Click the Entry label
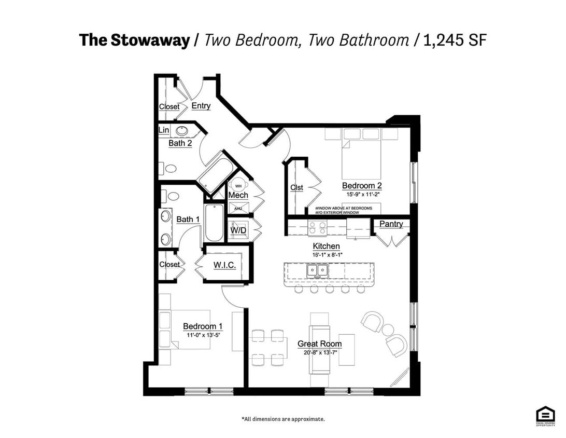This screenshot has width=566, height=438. pos(201,106)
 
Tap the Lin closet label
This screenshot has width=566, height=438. pos(164,130)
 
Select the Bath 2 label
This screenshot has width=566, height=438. pos(180,143)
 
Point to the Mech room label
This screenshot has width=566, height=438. pos(238,195)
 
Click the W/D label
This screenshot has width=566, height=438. pos(238,229)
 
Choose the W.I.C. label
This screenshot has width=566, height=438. pos(225,265)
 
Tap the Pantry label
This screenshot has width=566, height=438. pos(391,224)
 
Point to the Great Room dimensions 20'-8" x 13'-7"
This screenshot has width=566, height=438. pos(319,353)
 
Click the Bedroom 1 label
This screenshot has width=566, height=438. pos(203,326)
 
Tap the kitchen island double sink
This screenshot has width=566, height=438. pos(316,270)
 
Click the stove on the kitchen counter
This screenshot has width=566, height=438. pos(317,227)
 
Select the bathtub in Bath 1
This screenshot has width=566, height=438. pos(214,223)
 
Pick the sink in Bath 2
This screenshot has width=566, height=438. pos(182,131)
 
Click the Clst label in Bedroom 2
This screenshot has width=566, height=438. pos(296,187)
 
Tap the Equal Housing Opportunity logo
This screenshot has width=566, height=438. pos(545,416)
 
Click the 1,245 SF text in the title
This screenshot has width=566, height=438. pos(456,40)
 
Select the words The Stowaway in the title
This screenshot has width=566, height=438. pos(134,40)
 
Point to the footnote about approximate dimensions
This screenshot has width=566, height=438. pos(283,419)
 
